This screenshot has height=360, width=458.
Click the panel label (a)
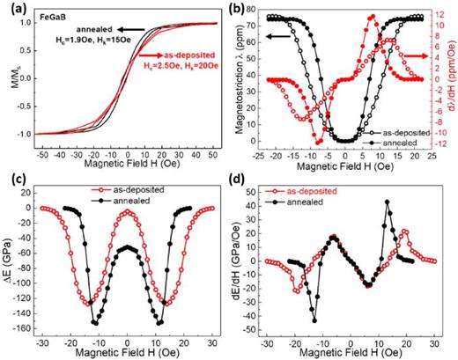[x=12, y=10]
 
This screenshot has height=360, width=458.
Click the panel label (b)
[x=242, y=10]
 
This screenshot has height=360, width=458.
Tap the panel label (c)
[x=12, y=188]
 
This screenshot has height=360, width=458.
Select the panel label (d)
[x=242, y=188]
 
